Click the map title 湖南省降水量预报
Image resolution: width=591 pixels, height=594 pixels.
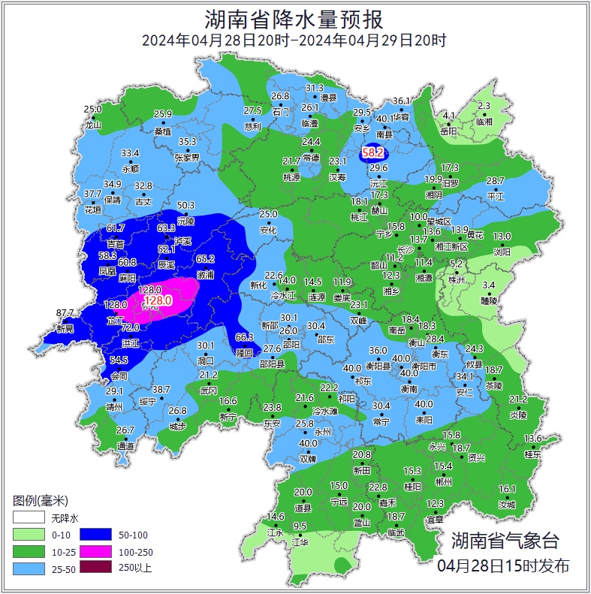(x=295, y=18)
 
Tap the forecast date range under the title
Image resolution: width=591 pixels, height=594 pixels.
(x=294, y=41)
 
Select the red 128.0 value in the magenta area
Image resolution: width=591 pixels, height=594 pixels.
(x=158, y=300)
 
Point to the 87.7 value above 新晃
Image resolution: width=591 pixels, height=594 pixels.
(x=65, y=313)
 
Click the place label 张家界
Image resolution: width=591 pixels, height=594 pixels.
(x=187, y=158)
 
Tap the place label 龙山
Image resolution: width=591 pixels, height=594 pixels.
(x=92, y=125)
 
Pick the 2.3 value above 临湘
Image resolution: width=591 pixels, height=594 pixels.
(x=484, y=106)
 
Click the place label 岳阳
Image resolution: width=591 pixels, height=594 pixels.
(x=448, y=131)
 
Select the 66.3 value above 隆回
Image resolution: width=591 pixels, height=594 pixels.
(x=245, y=337)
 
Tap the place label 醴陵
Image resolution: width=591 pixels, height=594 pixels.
(x=489, y=300)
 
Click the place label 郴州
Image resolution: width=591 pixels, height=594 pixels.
(x=443, y=482)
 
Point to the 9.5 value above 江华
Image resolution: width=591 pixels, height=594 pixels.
(x=300, y=526)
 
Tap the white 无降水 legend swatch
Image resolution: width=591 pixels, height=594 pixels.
(x=28, y=517)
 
